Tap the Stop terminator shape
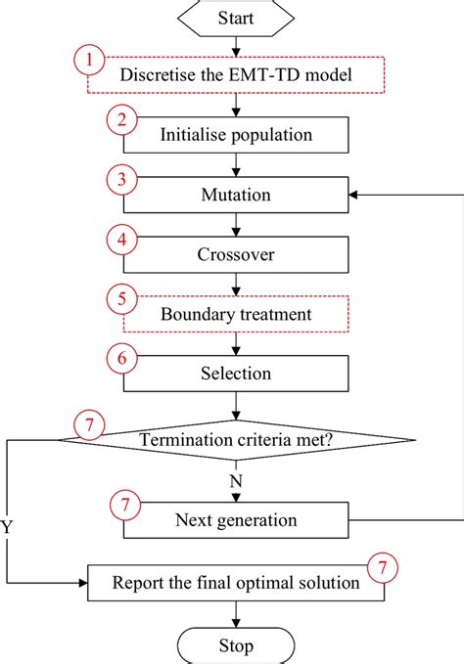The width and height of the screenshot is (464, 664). click(236, 646)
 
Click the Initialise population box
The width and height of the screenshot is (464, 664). click(235, 136)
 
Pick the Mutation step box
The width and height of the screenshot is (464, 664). click(235, 195)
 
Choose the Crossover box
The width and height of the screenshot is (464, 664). click(235, 254)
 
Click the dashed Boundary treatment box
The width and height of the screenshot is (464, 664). click(235, 315)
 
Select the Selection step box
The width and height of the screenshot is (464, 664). click(235, 374)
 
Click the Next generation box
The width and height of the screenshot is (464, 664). click(235, 519)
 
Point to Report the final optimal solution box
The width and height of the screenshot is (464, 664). click(235, 583)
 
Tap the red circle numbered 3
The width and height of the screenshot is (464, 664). click(119, 181)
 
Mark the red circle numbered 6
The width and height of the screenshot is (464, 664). click(119, 360)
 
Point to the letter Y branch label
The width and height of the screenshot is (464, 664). click(8, 528)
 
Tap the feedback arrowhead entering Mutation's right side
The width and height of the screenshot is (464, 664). click(354, 195)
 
